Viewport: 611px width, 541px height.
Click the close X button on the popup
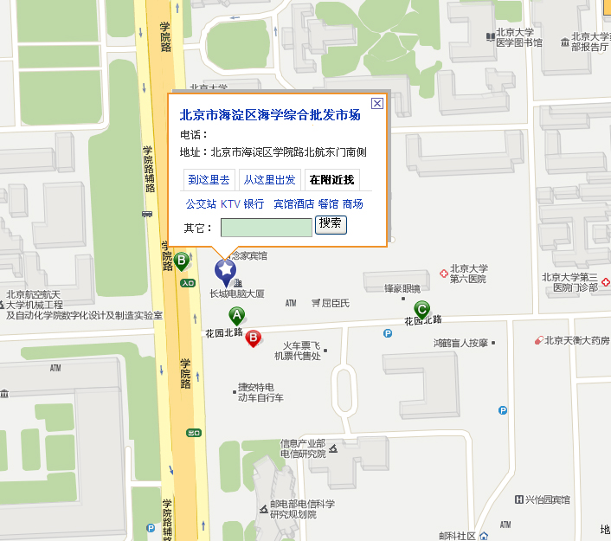click(x=376, y=103)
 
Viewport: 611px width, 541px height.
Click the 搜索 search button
click(x=331, y=224)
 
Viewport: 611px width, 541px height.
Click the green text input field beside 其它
click(x=266, y=227)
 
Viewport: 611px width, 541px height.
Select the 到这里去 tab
click(x=209, y=180)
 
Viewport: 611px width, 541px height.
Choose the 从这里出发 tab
click(x=269, y=180)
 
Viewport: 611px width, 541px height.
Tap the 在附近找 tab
click(x=331, y=180)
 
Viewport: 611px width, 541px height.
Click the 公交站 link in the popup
click(x=200, y=204)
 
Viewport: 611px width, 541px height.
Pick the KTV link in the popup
click(x=230, y=204)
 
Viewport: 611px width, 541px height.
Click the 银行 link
click(x=254, y=204)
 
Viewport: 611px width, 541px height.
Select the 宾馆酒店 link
click(x=293, y=204)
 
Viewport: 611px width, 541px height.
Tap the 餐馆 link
click(x=328, y=204)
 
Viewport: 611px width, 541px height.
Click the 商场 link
click(x=352, y=204)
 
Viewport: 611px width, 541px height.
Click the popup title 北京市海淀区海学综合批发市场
click(x=270, y=115)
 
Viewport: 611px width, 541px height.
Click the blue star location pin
click(x=225, y=271)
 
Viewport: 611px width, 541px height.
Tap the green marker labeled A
click(x=237, y=316)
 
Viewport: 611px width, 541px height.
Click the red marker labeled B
click(x=254, y=338)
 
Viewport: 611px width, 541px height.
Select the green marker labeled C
click(x=421, y=309)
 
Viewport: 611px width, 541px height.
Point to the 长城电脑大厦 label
click(x=236, y=293)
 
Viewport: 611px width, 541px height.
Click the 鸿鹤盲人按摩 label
click(x=460, y=343)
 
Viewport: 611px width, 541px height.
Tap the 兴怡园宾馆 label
click(x=548, y=499)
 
